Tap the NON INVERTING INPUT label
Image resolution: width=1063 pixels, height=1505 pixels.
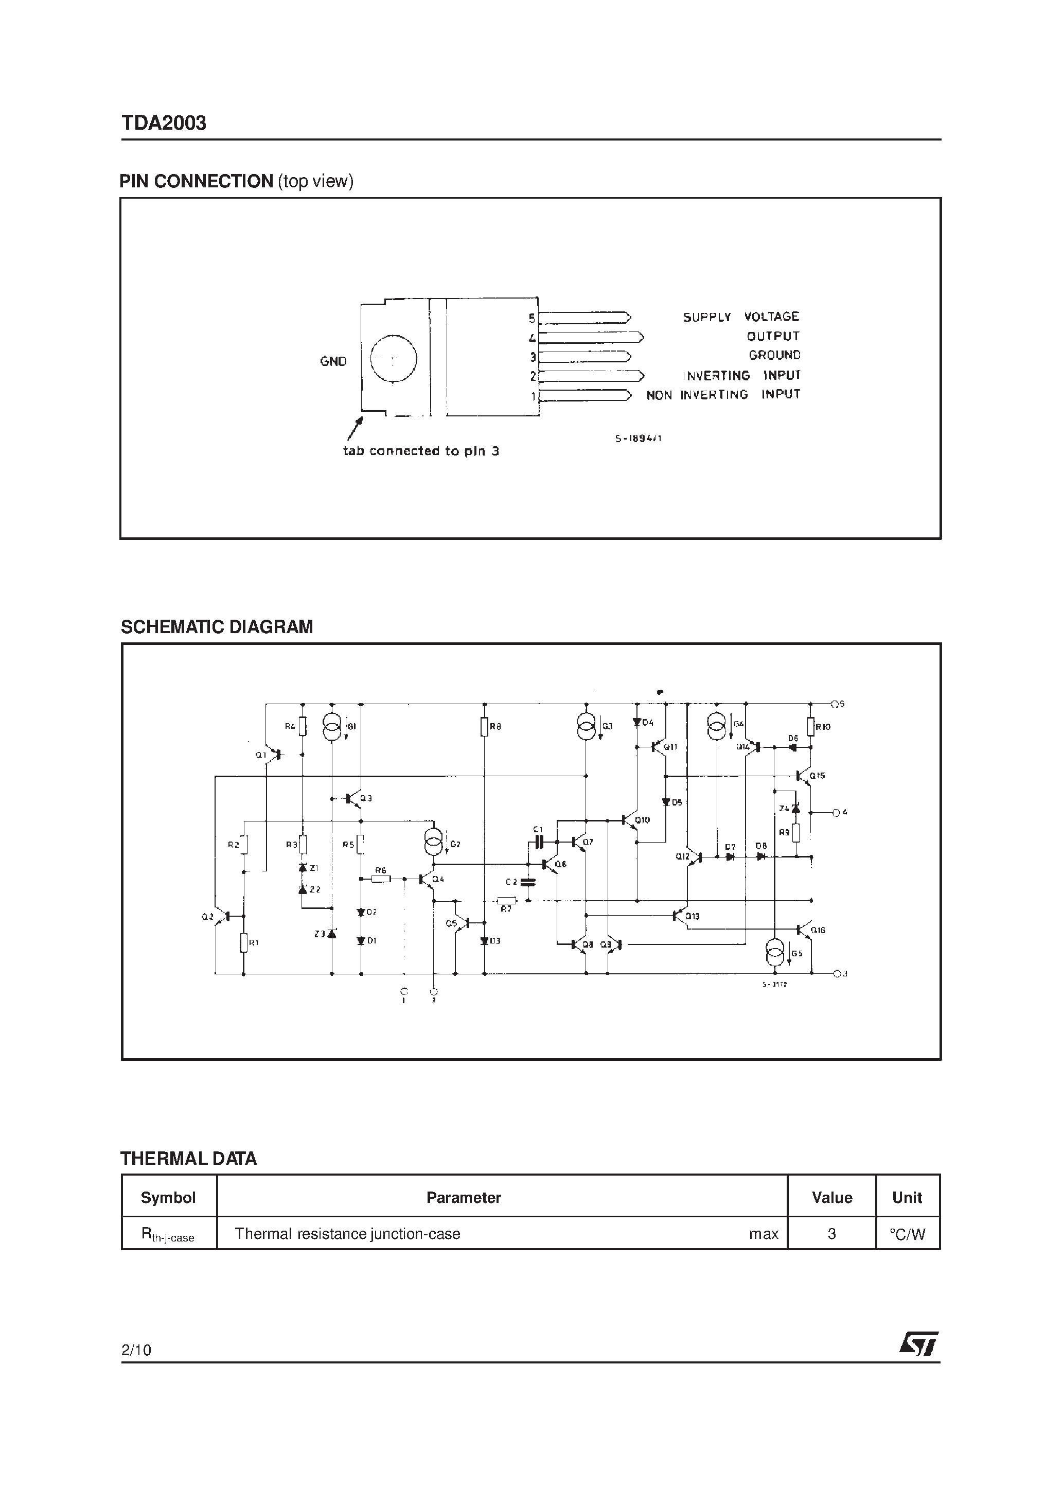tap(723, 395)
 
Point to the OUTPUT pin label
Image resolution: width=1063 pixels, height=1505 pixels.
tap(773, 336)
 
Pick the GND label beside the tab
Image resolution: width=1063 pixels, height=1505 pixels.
tap(333, 361)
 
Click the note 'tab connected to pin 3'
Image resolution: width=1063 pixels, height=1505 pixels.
tap(421, 451)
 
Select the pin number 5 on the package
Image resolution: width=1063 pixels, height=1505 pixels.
tap(532, 319)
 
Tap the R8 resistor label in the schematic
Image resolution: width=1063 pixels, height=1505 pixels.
tap(495, 726)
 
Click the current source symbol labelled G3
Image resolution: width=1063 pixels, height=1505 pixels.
tap(587, 726)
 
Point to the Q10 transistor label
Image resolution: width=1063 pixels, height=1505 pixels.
tap(642, 820)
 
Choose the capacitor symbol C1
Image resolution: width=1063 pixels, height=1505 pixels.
tap(539, 842)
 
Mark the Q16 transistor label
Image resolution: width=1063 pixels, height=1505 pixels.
tap(818, 930)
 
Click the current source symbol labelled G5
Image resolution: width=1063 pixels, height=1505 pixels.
tap(775, 952)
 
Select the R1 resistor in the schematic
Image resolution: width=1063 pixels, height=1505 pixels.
tap(244, 942)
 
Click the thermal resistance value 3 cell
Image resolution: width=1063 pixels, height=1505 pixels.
tap(831, 1234)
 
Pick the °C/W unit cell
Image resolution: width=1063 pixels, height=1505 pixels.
tap(907, 1234)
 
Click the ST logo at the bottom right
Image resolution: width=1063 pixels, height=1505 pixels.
tap(918, 1343)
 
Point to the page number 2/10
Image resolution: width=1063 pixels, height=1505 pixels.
tap(136, 1350)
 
